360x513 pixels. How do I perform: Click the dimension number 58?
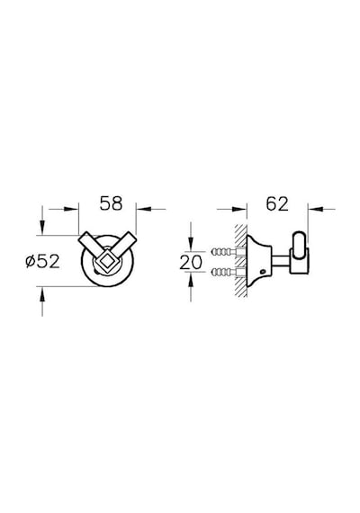click(111, 203)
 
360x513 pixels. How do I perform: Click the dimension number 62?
click(277, 203)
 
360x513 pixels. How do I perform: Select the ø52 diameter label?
click(43, 261)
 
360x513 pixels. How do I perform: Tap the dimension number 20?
click(191, 262)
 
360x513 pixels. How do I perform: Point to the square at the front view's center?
click(107, 261)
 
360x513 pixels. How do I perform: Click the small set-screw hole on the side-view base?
click(262, 272)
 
